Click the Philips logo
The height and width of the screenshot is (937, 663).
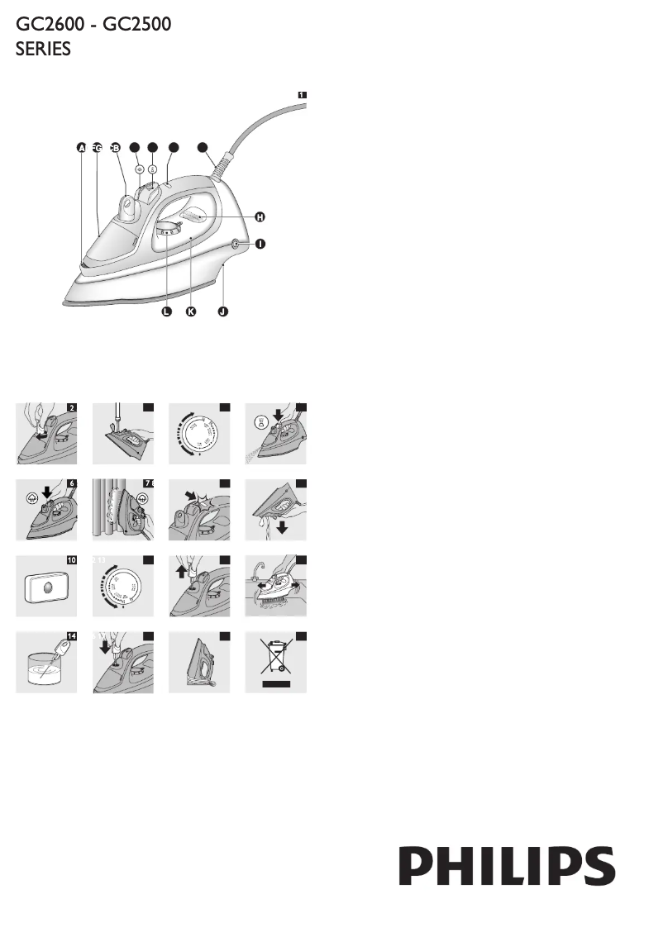[508, 865]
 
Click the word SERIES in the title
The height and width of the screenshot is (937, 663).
[44, 50]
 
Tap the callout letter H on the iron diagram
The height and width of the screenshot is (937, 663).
[260, 216]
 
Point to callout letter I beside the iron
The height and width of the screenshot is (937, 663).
[260, 245]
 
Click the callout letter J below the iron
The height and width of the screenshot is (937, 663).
[222, 312]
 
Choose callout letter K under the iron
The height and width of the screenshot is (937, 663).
[192, 312]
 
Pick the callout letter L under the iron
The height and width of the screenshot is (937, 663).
[166, 312]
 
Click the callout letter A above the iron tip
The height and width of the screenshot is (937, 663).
[81, 148]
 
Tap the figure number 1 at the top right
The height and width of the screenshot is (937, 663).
[302, 95]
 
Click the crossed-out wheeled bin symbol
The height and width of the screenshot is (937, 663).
[275, 663]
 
